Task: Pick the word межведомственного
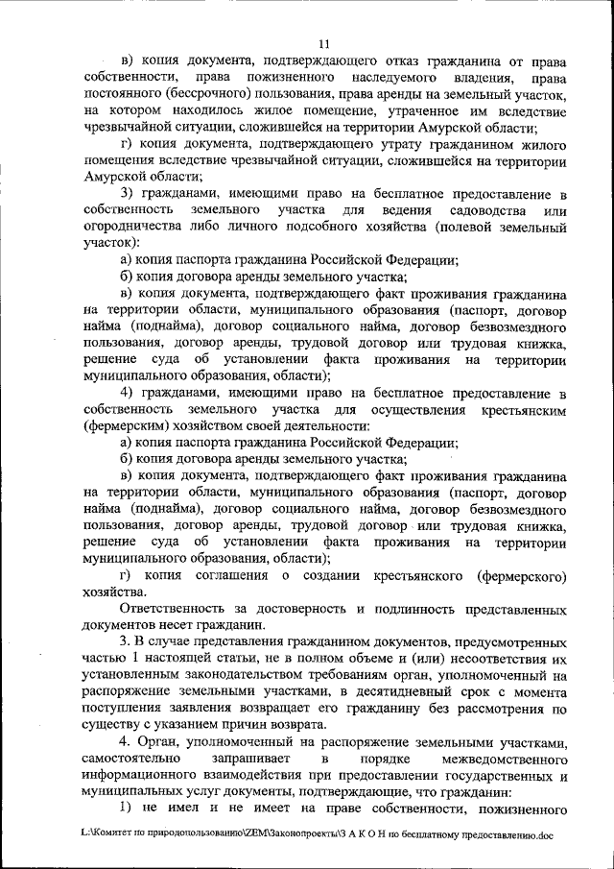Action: [501, 761]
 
